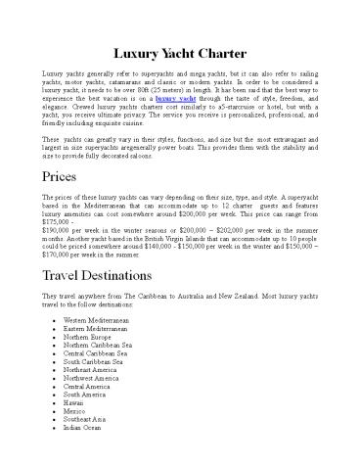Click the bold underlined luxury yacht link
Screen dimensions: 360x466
click(x=173, y=99)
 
